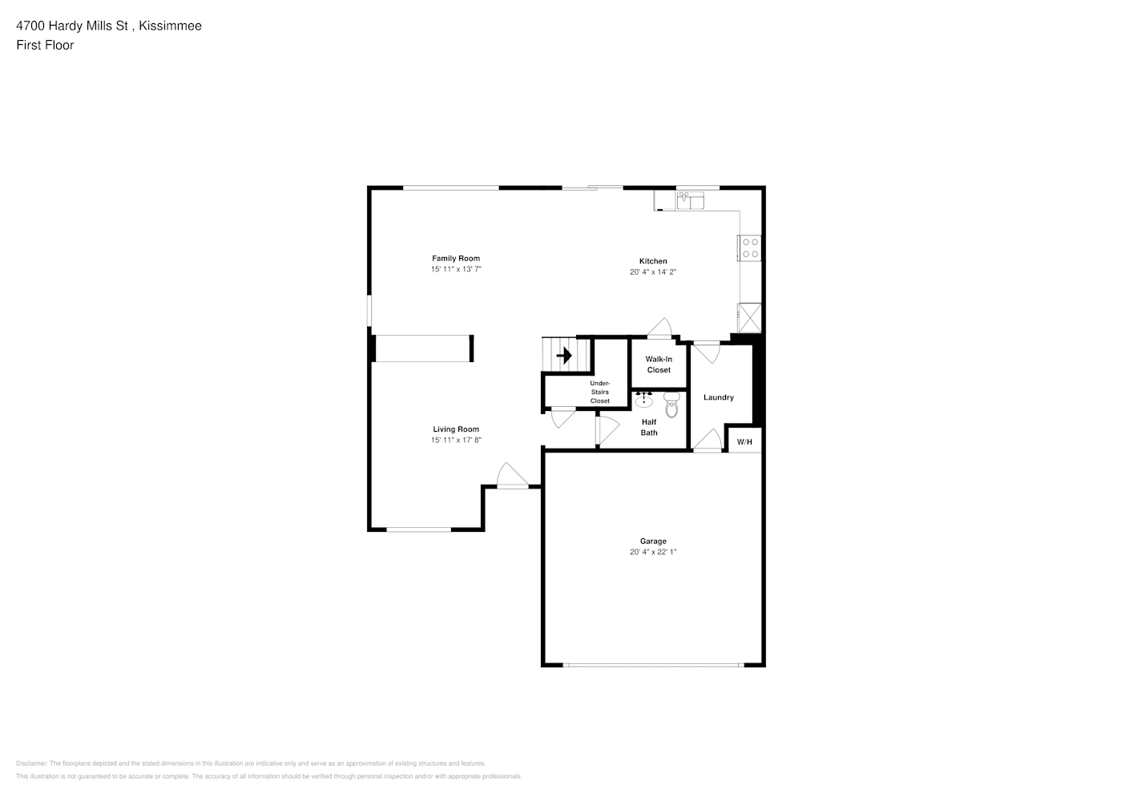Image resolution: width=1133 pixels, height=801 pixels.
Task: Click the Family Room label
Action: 456,259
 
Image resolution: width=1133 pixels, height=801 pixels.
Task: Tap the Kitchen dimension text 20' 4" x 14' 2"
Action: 653,272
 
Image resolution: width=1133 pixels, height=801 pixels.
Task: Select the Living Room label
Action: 456,429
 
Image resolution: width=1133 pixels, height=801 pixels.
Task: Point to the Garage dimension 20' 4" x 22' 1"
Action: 653,552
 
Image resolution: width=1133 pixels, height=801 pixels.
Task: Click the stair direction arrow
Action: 564,356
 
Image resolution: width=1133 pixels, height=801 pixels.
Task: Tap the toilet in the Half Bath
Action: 671,405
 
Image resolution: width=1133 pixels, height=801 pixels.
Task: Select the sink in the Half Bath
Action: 643,400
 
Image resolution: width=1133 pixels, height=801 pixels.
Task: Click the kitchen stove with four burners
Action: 750,248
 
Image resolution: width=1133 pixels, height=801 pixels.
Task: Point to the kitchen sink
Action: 691,200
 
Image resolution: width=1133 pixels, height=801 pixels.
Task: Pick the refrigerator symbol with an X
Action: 750,318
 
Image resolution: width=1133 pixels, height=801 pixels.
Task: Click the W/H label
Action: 744,442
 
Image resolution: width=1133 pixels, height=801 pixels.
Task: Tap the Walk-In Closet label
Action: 659,364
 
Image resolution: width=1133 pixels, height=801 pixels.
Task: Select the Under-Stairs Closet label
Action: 600,392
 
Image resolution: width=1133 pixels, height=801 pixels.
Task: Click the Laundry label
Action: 718,397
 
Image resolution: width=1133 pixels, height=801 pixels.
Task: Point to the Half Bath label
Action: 649,427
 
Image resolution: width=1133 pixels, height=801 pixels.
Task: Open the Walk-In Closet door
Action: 659,328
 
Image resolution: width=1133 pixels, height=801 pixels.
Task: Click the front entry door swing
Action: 512,475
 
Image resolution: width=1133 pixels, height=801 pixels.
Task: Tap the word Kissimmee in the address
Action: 170,26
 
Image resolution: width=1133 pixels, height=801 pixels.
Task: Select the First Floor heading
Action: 45,45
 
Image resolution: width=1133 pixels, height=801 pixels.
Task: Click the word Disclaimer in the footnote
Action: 31,763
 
